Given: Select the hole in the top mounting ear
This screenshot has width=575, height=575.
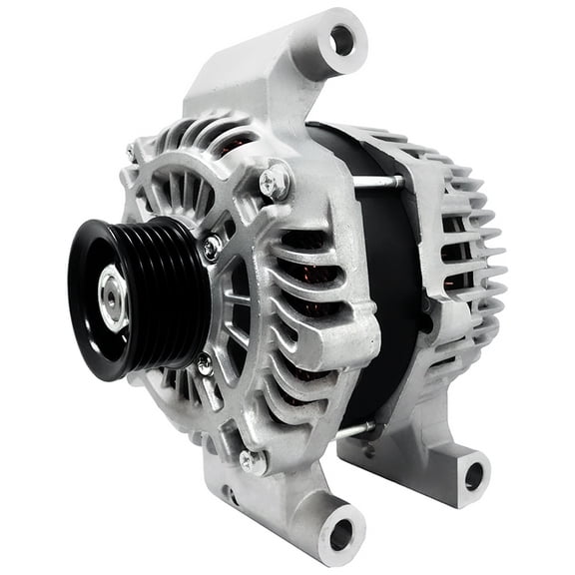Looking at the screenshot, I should (x=341, y=41).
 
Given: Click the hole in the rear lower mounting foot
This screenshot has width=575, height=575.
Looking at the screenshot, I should (x=474, y=475).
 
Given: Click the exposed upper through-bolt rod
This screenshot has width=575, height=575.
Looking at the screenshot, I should (x=379, y=182).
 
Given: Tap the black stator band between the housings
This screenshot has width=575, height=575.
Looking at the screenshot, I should (x=394, y=299).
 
